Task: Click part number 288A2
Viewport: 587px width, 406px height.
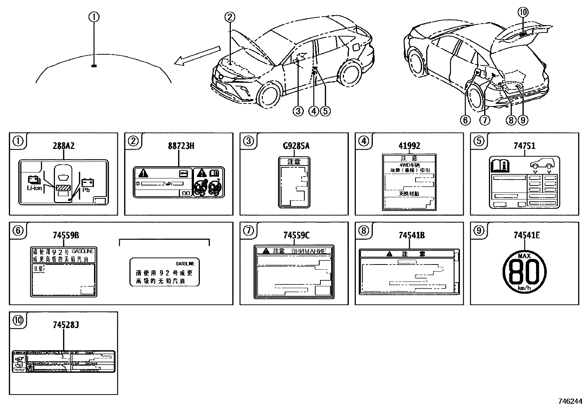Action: point(64,146)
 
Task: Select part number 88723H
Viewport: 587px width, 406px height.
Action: point(179,146)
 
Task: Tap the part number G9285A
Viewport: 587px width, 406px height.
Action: point(294,146)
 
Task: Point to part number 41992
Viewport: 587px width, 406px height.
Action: point(409,146)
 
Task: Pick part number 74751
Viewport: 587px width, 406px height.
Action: point(524,146)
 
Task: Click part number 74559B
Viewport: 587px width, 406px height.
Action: point(64,235)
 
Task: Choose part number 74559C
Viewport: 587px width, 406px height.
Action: point(294,235)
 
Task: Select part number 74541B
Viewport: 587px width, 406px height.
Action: point(409,235)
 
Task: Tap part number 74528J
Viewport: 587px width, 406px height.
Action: point(64,325)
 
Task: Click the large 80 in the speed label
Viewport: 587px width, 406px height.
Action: point(525,272)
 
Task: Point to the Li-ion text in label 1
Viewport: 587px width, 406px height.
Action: point(34,188)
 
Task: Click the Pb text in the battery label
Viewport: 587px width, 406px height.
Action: point(86,190)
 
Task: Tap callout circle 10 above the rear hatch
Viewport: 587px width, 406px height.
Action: point(523,13)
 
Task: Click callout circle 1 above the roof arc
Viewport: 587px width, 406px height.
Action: point(94,17)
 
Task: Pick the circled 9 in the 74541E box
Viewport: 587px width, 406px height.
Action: point(478,231)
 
